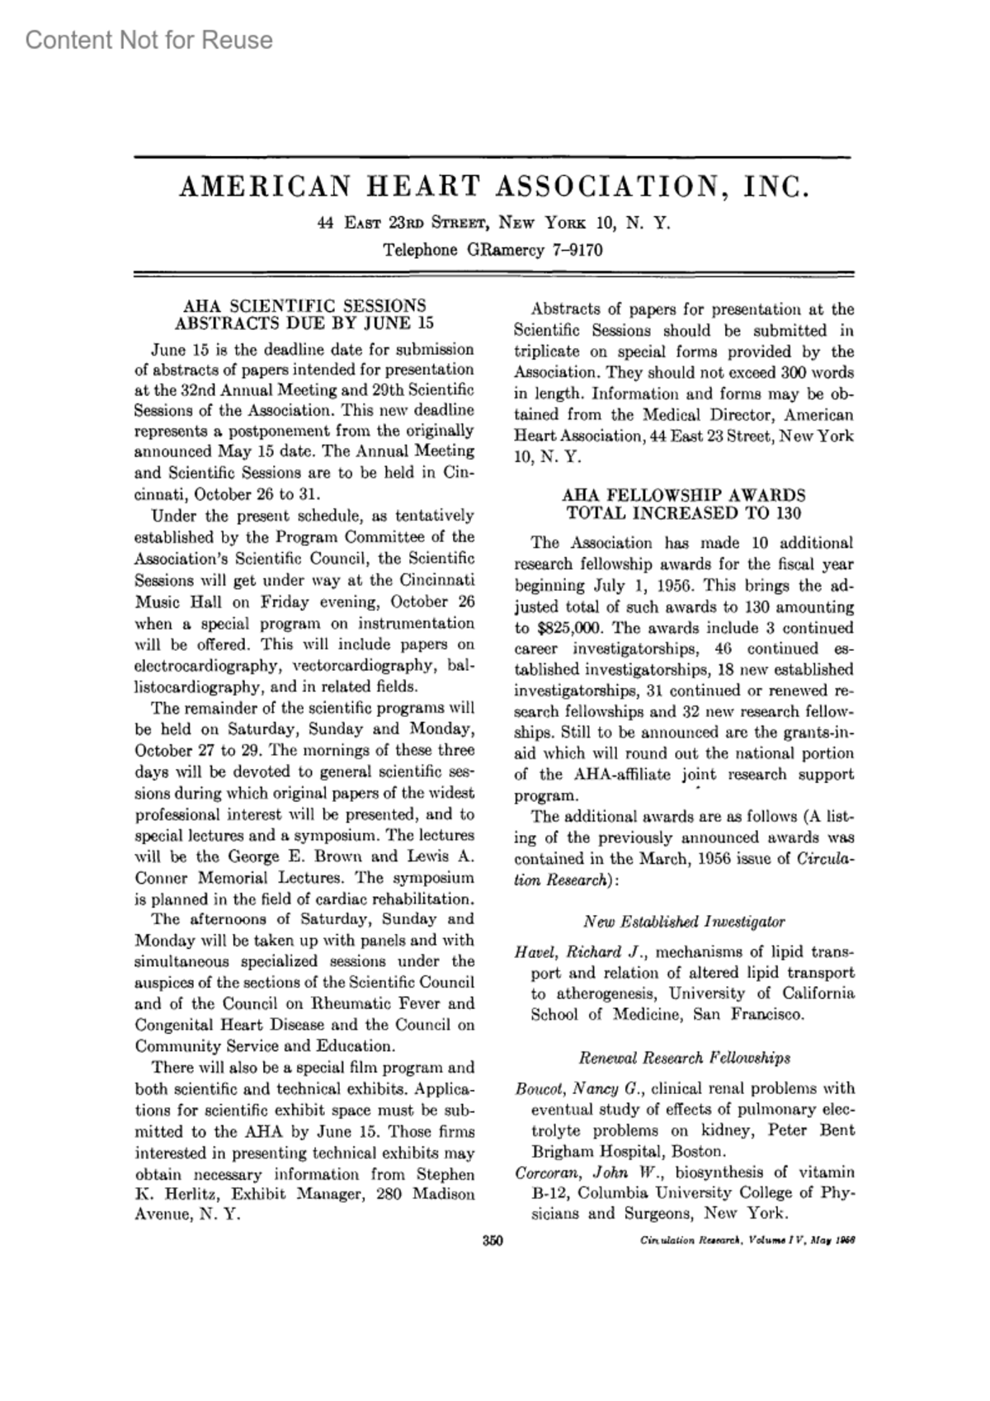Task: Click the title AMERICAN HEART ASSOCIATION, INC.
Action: coord(494,187)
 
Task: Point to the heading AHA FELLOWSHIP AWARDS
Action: coord(683,495)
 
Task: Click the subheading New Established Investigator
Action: coord(684,922)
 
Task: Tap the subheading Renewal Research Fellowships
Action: coord(684,1058)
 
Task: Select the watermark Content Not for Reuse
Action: coord(148,40)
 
